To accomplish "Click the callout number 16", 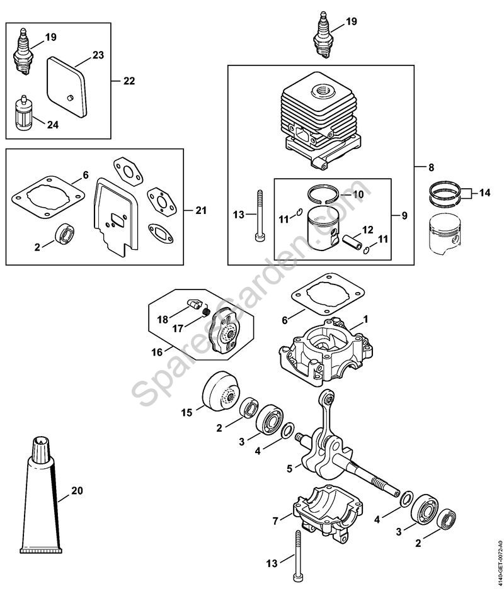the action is pos(157,352).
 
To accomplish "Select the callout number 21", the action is pos(201,210).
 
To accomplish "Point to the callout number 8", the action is pos(431,167).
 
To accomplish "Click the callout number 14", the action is pos(485,193).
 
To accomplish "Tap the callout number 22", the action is pos(129,81).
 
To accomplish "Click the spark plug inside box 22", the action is pos(21,53).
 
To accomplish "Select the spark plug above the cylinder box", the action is pos(322,35).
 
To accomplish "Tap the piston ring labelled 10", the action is pos(324,194).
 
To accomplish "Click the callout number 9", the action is pos(404,216).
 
